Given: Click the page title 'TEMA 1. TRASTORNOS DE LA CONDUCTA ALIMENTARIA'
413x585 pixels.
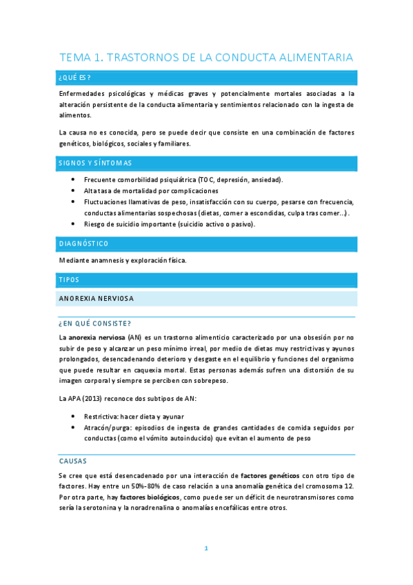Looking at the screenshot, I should click(206, 57).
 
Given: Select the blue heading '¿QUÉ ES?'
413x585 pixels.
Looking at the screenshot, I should click(75, 77).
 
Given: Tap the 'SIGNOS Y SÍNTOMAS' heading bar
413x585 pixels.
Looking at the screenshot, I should click(95, 163).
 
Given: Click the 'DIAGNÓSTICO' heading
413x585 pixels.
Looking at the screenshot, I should click(84, 244).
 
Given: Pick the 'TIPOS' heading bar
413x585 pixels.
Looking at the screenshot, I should click(70, 279).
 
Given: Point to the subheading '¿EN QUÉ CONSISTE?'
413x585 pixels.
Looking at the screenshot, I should click(95, 323).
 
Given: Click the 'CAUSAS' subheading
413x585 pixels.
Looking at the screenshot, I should click(72, 460).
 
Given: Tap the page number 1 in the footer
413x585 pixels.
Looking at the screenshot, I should click(206, 548).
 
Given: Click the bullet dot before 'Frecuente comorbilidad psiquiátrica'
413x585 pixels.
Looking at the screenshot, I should click(74, 180).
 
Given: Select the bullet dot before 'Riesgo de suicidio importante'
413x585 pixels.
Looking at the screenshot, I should click(74, 224).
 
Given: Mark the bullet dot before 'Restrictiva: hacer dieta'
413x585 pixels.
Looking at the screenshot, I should click(74, 417).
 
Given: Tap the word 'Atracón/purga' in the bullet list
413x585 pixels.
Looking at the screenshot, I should click(105, 427).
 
